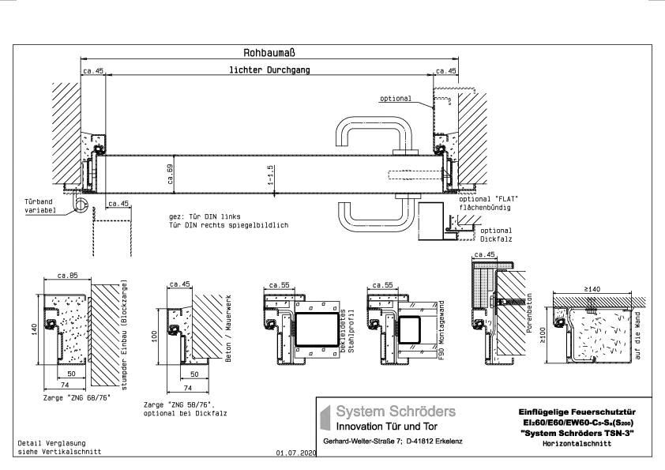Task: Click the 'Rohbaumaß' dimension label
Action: click(x=269, y=53)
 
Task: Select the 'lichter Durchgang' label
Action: click(x=269, y=70)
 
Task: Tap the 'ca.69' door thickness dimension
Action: click(x=171, y=173)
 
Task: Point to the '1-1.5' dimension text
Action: click(x=270, y=174)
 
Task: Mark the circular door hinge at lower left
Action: click(x=80, y=205)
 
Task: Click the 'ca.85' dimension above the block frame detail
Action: click(x=66, y=275)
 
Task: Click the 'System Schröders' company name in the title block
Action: click(x=396, y=412)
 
